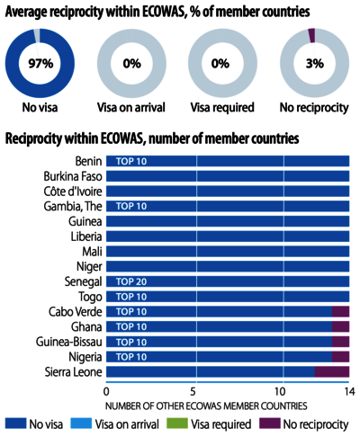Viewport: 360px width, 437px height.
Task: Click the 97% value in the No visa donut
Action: point(40,64)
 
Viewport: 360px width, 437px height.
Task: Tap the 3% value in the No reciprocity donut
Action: point(315,64)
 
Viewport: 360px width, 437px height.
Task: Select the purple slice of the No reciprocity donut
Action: point(311,35)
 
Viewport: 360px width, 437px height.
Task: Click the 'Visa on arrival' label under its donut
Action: point(131,108)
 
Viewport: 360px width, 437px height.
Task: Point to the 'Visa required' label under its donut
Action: point(222,108)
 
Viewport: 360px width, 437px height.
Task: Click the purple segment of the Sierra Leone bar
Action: point(332,371)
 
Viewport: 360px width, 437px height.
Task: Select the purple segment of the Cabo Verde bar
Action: point(340,311)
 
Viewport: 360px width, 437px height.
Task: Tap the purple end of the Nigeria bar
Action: point(340,357)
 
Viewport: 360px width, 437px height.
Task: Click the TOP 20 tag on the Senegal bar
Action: point(131,281)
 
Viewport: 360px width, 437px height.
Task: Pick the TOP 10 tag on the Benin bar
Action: point(131,161)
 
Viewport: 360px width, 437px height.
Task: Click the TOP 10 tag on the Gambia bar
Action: point(131,206)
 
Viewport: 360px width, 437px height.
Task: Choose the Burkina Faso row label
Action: point(73,176)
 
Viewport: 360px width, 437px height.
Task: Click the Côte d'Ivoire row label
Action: point(73,192)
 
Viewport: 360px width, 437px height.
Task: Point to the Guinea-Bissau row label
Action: point(69,342)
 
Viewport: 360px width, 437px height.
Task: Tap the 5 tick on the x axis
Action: point(193,391)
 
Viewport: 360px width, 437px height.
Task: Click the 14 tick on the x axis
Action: point(349,391)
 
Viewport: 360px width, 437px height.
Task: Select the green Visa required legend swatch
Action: point(177,424)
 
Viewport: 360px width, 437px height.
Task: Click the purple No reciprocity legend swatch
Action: point(270,424)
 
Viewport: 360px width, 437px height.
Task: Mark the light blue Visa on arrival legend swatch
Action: point(81,424)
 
